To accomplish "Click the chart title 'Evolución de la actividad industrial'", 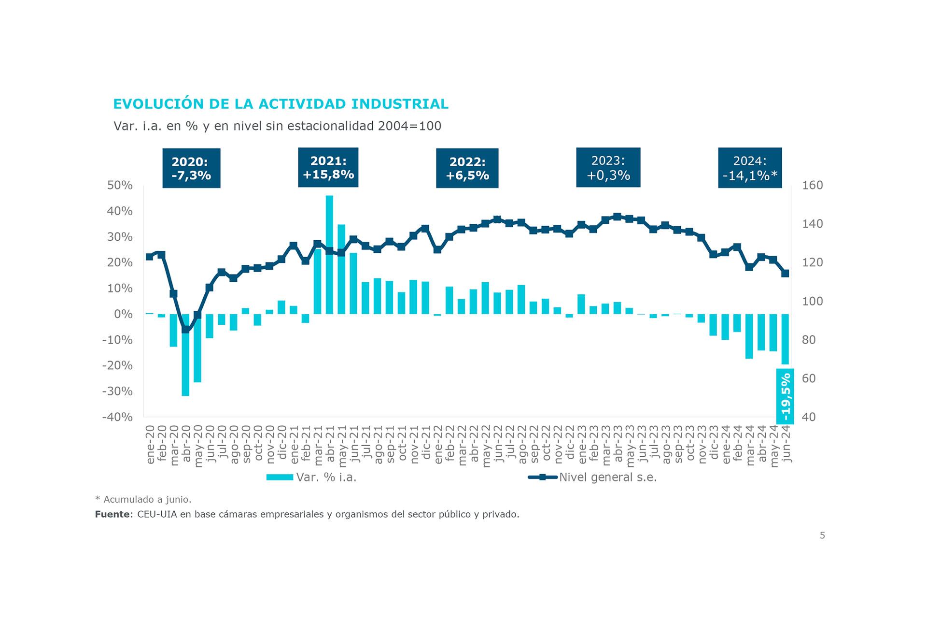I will pyautogui.click(x=281, y=104).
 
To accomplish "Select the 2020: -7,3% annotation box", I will pyautogui.click(x=191, y=168).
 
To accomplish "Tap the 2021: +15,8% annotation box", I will pyautogui.click(x=328, y=167).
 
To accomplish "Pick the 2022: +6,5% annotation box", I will pyautogui.click(x=467, y=168).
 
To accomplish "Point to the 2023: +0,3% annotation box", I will pyautogui.click(x=608, y=167).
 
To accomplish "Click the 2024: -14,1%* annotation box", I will pyautogui.click(x=750, y=168).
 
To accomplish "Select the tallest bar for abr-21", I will pyautogui.click(x=329, y=255).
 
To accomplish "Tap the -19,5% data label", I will pyautogui.click(x=785, y=396).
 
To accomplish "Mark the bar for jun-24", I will pyautogui.click(x=785, y=339).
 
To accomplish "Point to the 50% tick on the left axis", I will pyautogui.click(x=120, y=185).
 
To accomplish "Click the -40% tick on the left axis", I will pyautogui.click(x=117, y=417).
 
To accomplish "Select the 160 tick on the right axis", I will pyautogui.click(x=812, y=185).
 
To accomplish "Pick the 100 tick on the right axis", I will pyautogui.click(x=812, y=301).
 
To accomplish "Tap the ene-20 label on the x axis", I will pyautogui.click(x=150, y=445).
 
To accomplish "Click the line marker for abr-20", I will pyautogui.click(x=185, y=330).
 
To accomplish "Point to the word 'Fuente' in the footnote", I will pyautogui.click(x=112, y=514).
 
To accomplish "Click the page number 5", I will pyautogui.click(x=822, y=535).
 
